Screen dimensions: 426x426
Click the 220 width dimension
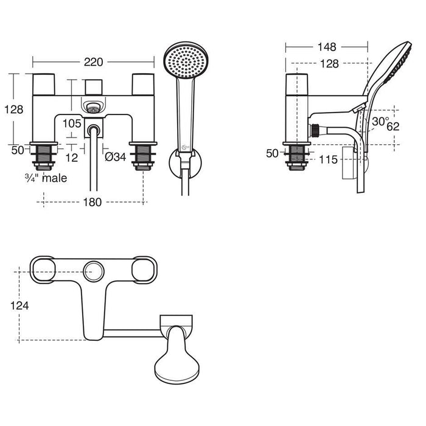coord(93,62)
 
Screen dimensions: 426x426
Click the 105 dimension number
coord(71,124)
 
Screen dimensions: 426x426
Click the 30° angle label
coord(380,122)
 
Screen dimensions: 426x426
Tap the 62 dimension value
coord(393,127)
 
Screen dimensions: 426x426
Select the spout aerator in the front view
coord(93,108)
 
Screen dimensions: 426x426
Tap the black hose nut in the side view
coord(316,130)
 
